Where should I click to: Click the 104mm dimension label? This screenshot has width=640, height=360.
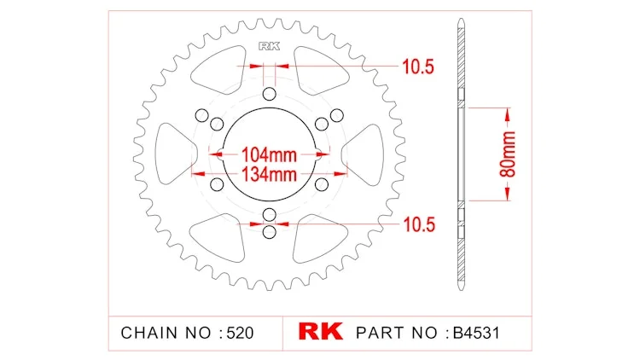point(269,154)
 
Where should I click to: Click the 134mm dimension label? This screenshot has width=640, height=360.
point(270,174)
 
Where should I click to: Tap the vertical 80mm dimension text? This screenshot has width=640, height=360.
point(508,154)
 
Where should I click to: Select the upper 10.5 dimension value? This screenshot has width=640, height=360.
point(418,67)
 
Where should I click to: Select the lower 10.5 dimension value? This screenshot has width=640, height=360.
point(419,224)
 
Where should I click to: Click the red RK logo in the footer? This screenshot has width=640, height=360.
point(320,332)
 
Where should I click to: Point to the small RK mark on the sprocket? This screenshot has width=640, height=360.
point(270,46)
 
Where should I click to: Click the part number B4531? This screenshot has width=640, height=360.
point(476,333)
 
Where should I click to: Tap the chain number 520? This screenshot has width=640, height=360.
point(240,333)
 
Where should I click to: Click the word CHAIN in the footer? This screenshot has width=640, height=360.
point(149,333)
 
